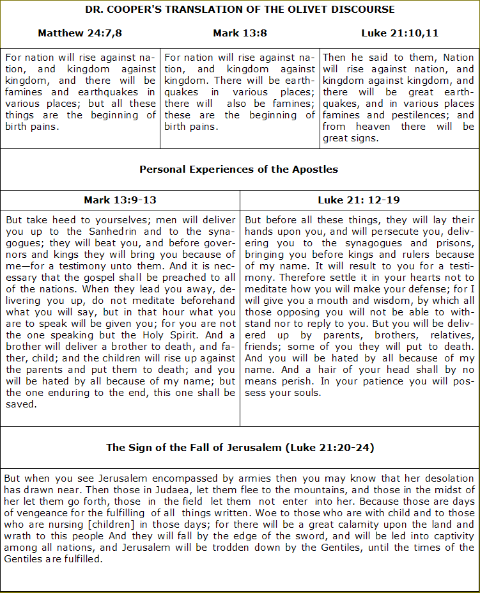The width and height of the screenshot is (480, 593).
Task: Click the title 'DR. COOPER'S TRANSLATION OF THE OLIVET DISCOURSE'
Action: [x=240, y=10]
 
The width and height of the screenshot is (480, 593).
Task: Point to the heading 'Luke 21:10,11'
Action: [x=399, y=33]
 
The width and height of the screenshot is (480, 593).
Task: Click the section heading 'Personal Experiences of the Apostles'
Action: [x=239, y=170]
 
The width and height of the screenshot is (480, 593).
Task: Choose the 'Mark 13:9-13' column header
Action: [x=120, y=200]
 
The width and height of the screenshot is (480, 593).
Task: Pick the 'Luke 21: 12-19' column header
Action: [x=359, y=200]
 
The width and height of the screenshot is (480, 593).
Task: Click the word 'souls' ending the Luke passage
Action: [x=306, y=393]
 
